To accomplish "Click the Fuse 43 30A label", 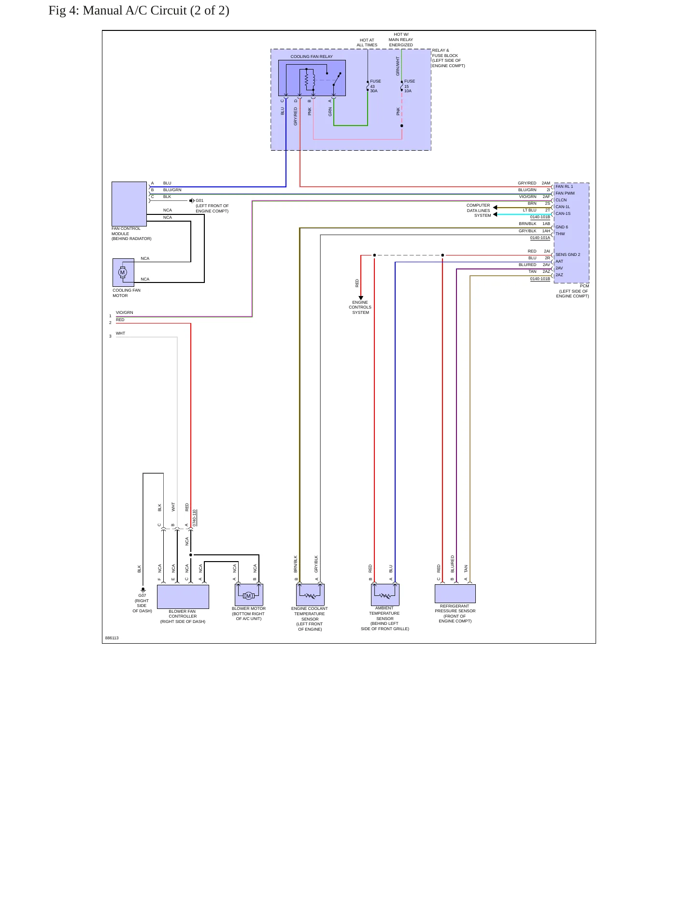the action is tap(375, 86).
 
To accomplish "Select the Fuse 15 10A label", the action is tap(410, 86).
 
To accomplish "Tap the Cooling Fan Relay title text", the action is tap(312, 56).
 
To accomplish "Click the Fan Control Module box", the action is tap(129, 204).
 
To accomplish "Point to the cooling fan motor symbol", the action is tap(123, 272).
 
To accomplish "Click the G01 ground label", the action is tap(199, 200).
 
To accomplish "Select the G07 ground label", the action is tap(142, 595).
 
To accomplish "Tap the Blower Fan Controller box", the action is tap(183, 597).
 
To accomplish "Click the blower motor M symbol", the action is tap(249, 595).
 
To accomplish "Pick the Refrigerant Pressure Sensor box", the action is tap(455, 593).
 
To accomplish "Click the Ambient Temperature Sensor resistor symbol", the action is tap(385, 595).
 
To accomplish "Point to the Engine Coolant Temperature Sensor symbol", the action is tap(310, 595).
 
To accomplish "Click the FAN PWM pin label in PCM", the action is tap(565, 193).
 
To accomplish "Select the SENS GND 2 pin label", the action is tap(568, 254).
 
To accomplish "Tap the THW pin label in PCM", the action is tap(560, 234).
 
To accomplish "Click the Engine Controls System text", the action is tap(360, 307).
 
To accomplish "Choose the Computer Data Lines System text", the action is tap(478, 211).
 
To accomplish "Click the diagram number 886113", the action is tap(112, 638).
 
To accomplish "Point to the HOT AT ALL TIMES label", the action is tap(367, 42).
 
